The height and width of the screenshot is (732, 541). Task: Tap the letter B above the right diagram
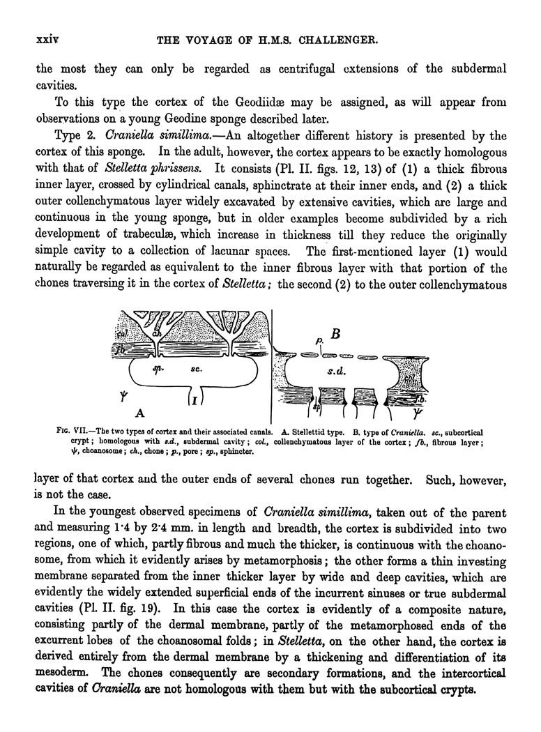tap(335, 334)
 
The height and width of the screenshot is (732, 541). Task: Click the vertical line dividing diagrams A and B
tap(270, 363)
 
